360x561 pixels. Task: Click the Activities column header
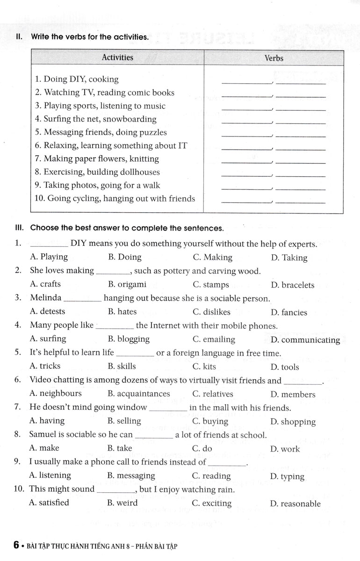click(x=117, y=58)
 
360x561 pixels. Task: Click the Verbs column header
click(x=274, y=58)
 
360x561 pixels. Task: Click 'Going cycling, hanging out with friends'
click(x=115, y=199)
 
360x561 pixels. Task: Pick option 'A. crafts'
click(x=45, y=284)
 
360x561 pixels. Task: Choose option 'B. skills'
click(x=122, y=366)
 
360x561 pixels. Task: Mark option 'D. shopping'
click(x=293, y=422)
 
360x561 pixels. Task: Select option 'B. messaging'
click(x=131, y=475)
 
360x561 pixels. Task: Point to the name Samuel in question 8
click(x=43, y=435)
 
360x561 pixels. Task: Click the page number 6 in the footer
click(x=16, y=545)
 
